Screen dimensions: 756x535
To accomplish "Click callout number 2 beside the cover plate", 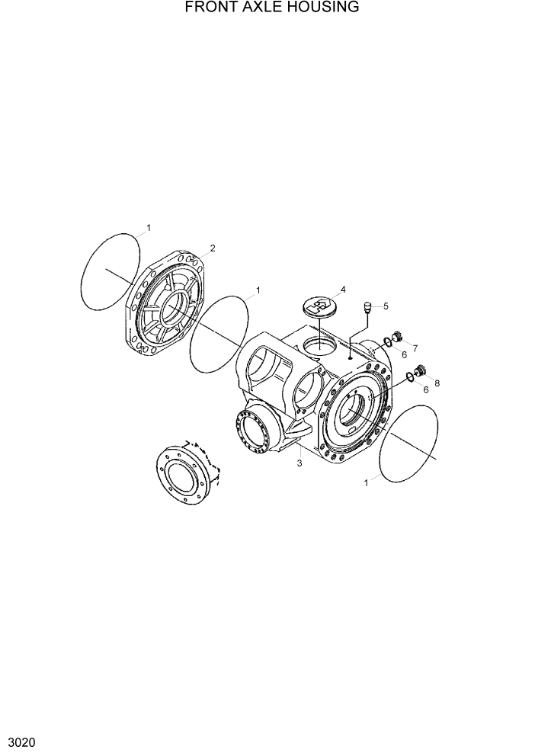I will pos(213,248).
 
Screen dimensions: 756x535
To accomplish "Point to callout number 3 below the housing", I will pos(299,463).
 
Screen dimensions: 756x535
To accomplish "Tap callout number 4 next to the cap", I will pos(343,290).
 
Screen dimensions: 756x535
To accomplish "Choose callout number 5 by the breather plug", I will pos(386,306).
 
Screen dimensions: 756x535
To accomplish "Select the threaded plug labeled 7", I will pos(396,338).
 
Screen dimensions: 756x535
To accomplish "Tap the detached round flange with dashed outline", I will pos(182,477).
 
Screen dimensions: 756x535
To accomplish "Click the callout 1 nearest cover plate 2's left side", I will pos(149,227).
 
